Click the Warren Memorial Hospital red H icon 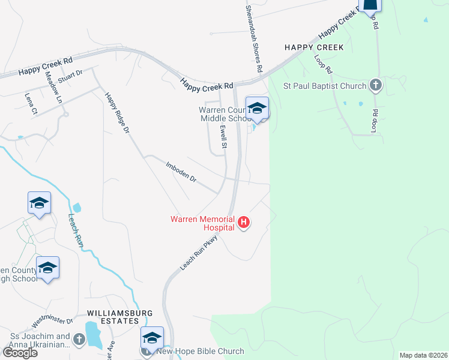point(244,223)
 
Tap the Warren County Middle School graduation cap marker point(258,109)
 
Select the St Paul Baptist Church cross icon point(376,86)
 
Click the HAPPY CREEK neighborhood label point(315,47)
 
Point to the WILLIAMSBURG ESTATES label point(120,317)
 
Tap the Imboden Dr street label point(181,170)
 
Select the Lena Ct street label point(31,103)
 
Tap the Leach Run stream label point(76,232)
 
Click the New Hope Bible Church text point(200,352)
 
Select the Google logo point(19,352)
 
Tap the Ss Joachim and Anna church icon point(79,341)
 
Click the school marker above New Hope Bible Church point(152,337)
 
